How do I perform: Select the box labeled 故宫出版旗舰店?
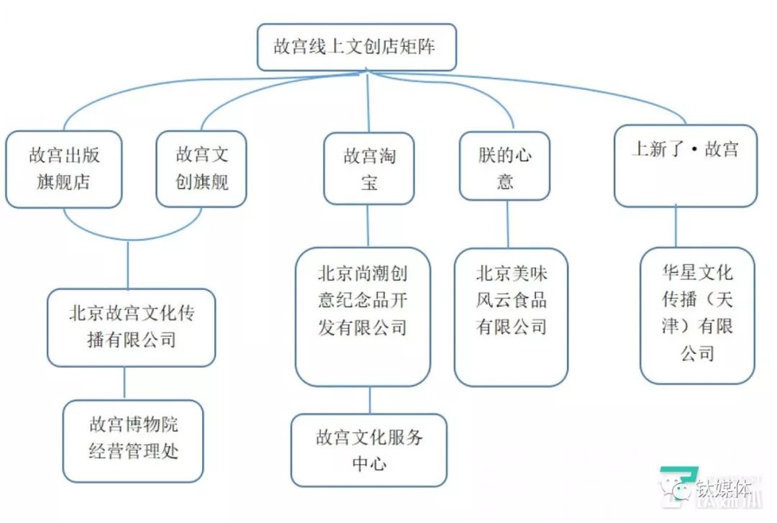[63, 168]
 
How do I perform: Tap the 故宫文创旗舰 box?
[202, 168]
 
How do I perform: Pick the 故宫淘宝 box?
[368, 168]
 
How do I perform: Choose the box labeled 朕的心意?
[505, 168]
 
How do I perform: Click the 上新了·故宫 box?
[685, 165]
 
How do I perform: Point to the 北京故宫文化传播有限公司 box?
[131, 327]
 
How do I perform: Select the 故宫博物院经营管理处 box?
[132, 440]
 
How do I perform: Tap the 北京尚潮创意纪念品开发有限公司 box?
[363, 317]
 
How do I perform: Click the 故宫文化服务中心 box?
[368, 450]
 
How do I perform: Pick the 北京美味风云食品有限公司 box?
[511, 317]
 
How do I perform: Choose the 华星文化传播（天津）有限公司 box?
[697, 315]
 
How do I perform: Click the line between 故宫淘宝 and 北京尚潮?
[368, 226]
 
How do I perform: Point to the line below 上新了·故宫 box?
[676, 227]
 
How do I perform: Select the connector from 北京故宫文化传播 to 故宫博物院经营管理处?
[124, 383]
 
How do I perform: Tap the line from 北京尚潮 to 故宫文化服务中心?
[371, 400]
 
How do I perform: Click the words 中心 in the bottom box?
[369, 463]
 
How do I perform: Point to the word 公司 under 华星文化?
[696, 353]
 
